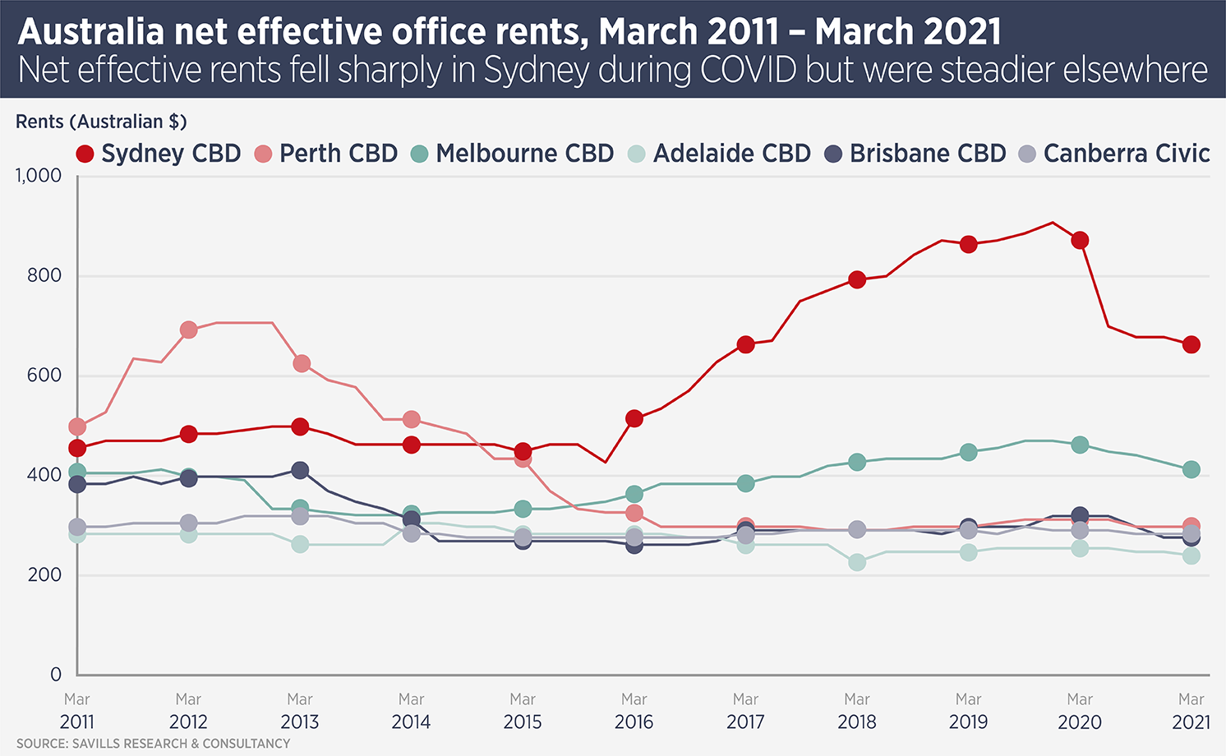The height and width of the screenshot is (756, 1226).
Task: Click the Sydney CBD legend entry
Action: coord(159,154)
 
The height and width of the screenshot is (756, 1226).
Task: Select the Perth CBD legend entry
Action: coord(326,154)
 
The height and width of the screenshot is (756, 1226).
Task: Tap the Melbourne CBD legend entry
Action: coord(513,154)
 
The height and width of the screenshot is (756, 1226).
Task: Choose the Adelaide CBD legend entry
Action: coord(719,154)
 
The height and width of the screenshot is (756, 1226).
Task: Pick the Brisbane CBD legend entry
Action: coord(915,154)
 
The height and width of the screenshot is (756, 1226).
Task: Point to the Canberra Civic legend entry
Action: coord(1114,154)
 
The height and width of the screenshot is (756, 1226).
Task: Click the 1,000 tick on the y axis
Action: coord(39,175)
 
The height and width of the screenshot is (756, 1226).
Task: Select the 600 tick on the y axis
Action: coord(44,376)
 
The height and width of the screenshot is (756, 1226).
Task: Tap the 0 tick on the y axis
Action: coord(56,675)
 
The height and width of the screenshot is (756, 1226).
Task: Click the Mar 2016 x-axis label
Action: coord(634,711)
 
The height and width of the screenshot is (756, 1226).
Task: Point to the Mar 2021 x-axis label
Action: coord(1191,711)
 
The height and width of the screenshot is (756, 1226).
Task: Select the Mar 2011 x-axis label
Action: coord(77,711)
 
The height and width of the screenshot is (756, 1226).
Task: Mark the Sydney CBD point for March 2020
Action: coord(1080,240)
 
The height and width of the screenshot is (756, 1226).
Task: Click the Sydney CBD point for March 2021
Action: coord(1191,344)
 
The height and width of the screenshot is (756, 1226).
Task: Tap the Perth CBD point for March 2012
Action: coord(188,330)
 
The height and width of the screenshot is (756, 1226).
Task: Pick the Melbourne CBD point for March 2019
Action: coord(968,452)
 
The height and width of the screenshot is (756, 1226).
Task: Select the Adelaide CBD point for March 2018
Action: coord(857,562)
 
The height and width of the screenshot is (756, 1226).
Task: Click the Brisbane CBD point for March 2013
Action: coord(300,470)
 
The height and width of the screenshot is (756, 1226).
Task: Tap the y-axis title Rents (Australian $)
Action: coord(101,122)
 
